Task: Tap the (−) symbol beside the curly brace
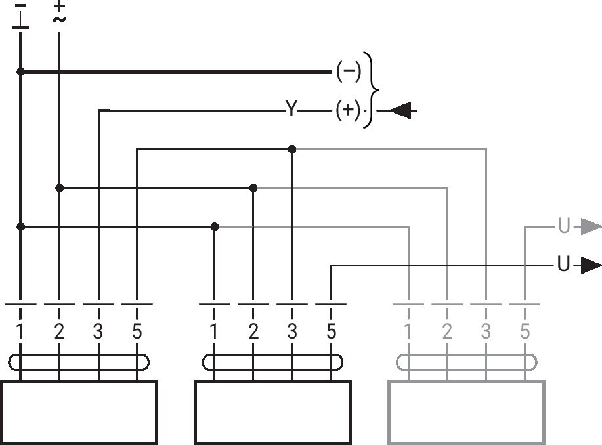click(x=349, y=71)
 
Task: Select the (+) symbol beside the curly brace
click(x=348, y=110)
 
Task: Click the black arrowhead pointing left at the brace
click(x=401, y=110)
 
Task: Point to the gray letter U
click(x=564, y=226)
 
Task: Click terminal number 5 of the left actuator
click(x=137, y=331)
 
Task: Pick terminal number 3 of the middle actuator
click(x=292, y=331)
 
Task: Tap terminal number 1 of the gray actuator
click(x=408, y=331)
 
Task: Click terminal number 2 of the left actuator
click(x=59, y=331)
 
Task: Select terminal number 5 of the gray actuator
click(x=525, y=331)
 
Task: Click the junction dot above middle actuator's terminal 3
click(x=291, y=149)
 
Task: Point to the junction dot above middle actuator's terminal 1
click(x=215, y=227)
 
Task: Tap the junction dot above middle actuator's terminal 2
click(x=253, y=188)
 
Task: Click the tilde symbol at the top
click(x=59, y=19)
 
